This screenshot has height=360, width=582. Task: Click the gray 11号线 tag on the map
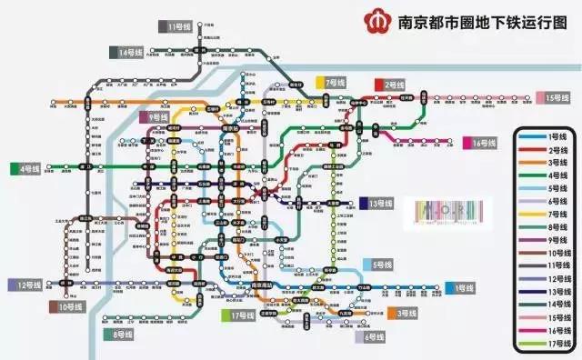(175, 26)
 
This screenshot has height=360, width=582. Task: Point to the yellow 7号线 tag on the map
(333, 82)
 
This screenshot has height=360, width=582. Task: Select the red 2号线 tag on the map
(392, 85)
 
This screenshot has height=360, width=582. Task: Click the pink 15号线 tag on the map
(557, 97)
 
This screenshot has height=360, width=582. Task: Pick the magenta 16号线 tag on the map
(481, 144)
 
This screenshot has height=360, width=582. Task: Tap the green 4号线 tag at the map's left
(26, 168)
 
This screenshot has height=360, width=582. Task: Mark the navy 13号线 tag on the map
(376, 204)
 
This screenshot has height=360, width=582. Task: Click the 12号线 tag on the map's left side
(27, 285)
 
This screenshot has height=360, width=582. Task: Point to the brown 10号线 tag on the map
(69, 307)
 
